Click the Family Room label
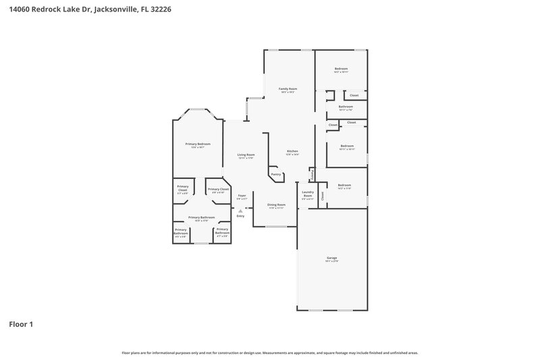click(288, 88)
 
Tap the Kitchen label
click(292, 151)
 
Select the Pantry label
click(275, 174)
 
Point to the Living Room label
click(246, 155)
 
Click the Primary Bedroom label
click(198, 144)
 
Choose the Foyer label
click(242, 196)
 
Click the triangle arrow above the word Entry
click(240, 211)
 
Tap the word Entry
click(240, 216)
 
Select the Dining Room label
click(276, 205)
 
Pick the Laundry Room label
click(308, 195)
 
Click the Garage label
click(331, 258)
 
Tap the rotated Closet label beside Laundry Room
click(323, 196)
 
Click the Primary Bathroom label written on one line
click(205, 217)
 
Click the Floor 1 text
click(21, 325)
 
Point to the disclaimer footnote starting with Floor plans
click(270, 353)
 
